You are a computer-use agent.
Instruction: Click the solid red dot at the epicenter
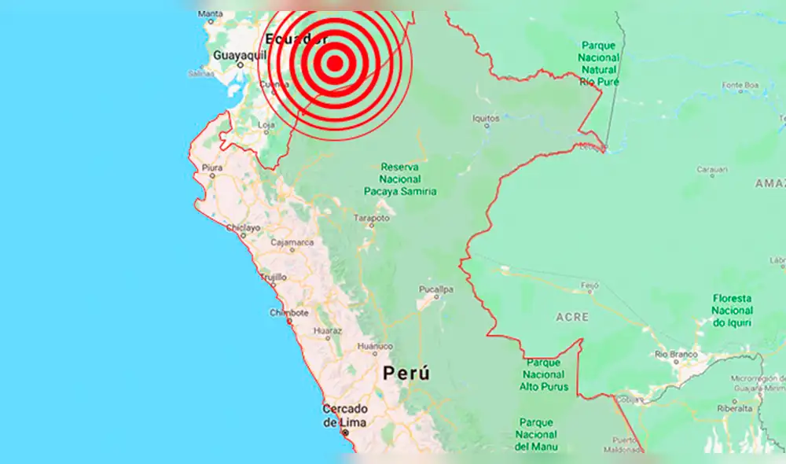coord(335,64)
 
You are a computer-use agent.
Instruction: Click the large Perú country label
coord(406,374)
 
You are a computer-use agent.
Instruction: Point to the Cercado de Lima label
coord(345,416)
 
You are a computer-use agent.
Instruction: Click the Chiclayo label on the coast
coord(243,228)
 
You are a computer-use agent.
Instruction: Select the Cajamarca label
coord(292,242)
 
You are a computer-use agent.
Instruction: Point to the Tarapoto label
coord(373,218)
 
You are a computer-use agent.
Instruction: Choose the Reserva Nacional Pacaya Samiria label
coord(401,179)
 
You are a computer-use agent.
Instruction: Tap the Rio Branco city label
coord(676,354)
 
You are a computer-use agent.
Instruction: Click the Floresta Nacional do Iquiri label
coord(732,311)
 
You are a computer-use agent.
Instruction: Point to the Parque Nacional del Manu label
coord(537,434)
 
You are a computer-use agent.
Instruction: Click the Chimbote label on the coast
coord(288,312)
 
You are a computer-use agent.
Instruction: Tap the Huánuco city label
coord(374,346)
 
